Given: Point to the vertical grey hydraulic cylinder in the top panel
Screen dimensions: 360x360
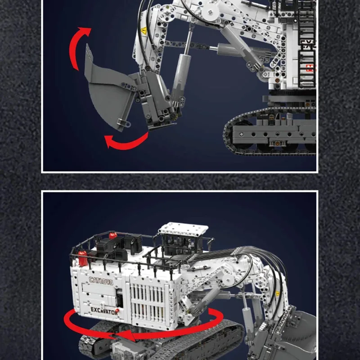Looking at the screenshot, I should click(180, 76).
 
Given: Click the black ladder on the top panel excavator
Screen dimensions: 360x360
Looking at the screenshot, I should click(306, 45).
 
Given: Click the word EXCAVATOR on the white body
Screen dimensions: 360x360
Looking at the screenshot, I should click(103, 310).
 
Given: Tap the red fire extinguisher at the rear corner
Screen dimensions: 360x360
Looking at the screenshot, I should click(82, 258).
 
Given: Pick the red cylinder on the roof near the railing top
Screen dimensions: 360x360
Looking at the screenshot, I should click(113, 235).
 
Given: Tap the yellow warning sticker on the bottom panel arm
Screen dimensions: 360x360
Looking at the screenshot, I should click(277, 293).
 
